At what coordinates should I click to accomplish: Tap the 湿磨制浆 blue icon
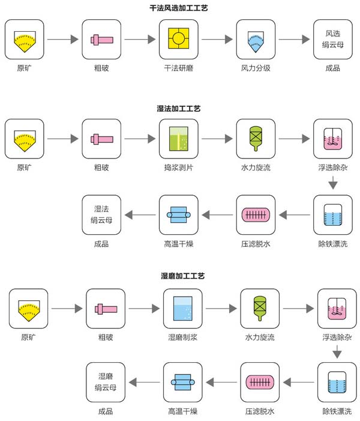183,308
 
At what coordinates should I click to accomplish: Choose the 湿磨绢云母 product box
106,382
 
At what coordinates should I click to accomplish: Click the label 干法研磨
178,68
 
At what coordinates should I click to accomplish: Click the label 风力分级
256,68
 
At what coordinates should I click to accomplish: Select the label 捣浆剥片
178,168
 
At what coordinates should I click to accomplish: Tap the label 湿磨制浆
183,338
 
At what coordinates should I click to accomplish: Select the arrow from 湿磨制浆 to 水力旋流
221,309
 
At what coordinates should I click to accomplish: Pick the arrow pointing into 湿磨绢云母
145,382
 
